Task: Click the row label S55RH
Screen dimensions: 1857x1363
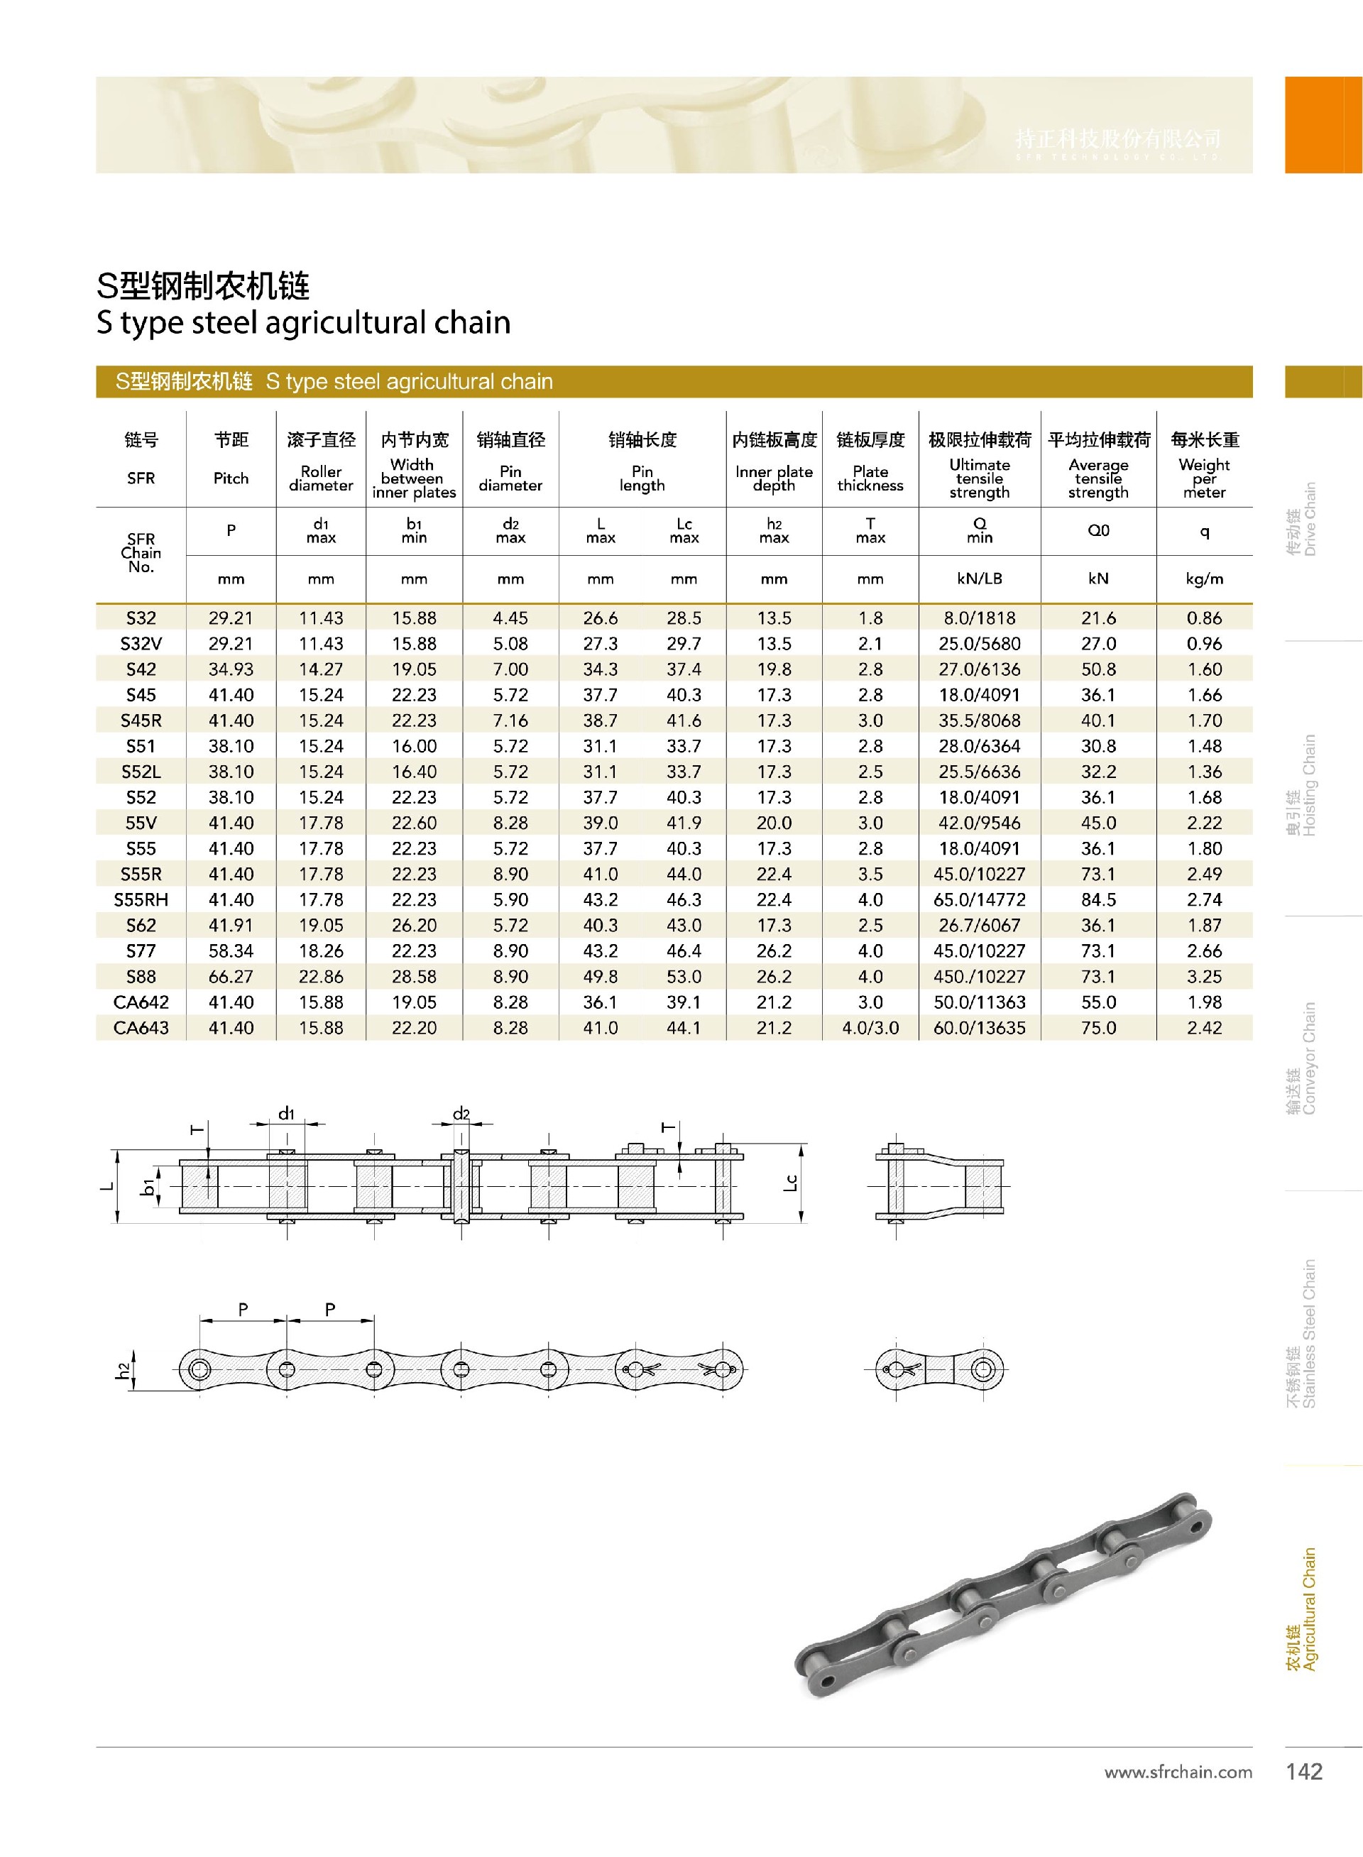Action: (x=141, y=899)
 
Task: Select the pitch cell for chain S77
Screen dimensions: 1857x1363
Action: (x=231, y=951)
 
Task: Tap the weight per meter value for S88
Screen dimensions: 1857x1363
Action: (x=1204, y=976)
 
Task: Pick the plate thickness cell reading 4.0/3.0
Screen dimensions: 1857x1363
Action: (x=870, y=1027)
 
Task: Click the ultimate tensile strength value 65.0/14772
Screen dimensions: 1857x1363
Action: (x=980, y=899)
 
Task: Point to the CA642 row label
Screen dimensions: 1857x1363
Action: (x=141, y=1002)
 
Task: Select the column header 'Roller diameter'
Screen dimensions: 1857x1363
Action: (x=321, y=478)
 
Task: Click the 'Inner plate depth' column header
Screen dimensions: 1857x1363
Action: (x=774, y=478)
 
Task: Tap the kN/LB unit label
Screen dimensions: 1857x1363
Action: (x=980, y=579)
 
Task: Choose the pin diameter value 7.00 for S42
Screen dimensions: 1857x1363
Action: (x=510, y=669)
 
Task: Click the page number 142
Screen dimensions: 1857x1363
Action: (x=1303, y=1771)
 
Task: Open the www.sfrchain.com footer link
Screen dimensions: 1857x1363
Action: (x=1177, y=1772)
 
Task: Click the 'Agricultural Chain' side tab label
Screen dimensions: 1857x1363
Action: (x=1302, y=1609)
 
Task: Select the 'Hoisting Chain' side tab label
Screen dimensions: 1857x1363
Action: (x=1302, y=784)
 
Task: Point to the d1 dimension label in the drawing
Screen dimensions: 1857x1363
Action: (x=286, y=1114)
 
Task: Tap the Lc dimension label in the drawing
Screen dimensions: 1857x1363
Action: (x=790, y=1182)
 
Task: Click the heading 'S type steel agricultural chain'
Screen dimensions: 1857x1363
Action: (x=304, y=322)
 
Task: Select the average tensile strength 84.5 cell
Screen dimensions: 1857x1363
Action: (x=1098, y=899)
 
